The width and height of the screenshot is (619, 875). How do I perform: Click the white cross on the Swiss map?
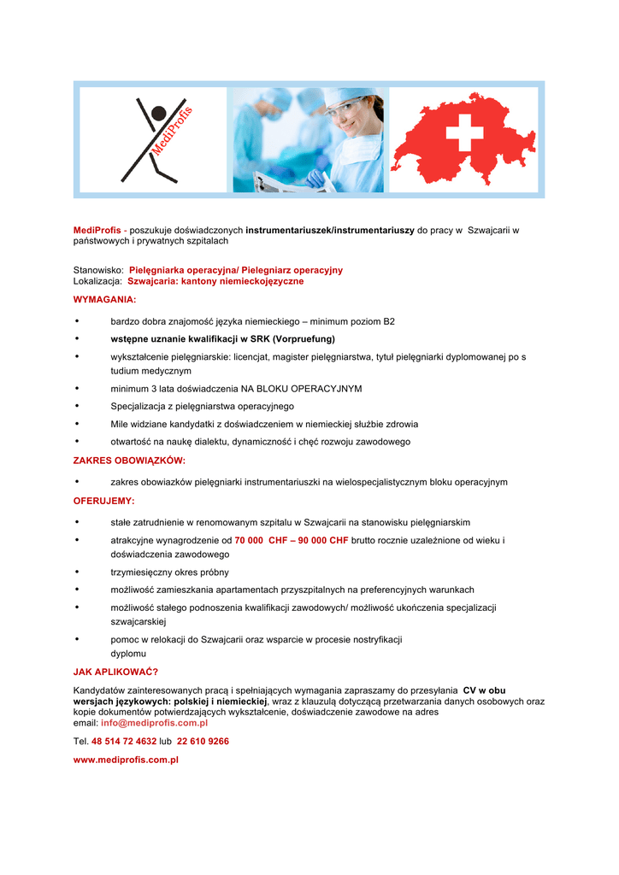464,133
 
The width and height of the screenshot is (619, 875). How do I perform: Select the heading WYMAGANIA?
104,300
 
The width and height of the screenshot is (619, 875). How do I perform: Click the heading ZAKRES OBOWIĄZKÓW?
129,460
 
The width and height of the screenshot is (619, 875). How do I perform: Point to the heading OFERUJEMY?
103,501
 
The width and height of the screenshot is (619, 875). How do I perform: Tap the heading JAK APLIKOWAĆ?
116,672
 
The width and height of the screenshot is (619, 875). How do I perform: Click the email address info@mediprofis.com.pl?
155,722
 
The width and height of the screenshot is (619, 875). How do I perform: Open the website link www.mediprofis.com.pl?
126,760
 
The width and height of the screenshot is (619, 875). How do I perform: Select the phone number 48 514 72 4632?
124,741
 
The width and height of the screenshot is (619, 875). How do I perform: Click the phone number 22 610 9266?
203,741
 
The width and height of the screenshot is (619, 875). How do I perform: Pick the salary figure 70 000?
249,540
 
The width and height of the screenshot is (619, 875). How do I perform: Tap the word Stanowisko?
98,270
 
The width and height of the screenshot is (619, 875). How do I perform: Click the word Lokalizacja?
97,280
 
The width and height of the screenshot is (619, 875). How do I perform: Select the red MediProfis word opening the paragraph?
97,230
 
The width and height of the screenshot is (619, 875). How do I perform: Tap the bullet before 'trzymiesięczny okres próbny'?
78,572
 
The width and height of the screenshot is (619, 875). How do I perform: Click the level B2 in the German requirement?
388,321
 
